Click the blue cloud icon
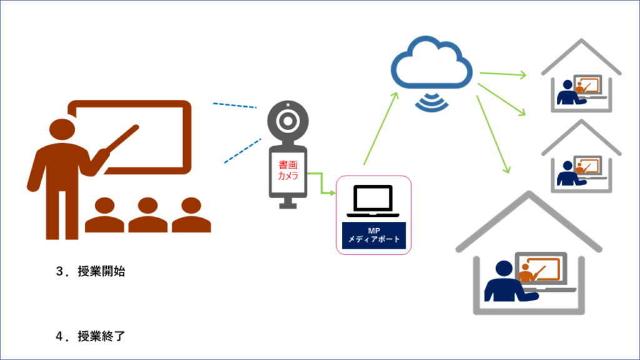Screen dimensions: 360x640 pos(431,66)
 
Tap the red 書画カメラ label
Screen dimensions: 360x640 pos(288,171)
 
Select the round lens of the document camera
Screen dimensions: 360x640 pos(287,121)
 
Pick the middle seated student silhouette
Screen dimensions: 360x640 pos(147,216)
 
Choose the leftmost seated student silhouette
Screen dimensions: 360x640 pos(104,216)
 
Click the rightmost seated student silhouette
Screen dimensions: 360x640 pos(191,216)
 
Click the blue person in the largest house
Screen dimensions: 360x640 pos(504,284)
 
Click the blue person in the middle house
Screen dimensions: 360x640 pos(567,174)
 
